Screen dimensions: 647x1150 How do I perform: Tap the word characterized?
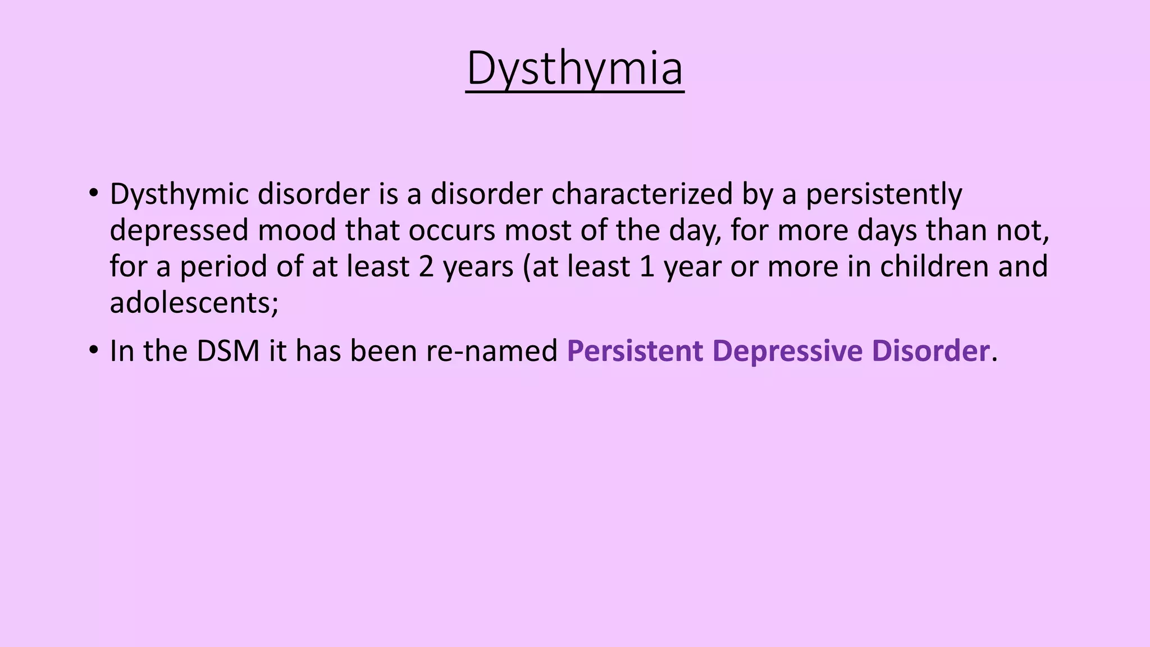click(x=642, y=194)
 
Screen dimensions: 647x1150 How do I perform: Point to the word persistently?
click(x=884, y=194)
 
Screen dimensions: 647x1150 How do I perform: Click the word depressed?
click(x=179, y=230)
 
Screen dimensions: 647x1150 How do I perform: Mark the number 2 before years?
click(x=426, y=267)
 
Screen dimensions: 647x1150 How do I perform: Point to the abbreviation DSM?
click(x=228, y=351)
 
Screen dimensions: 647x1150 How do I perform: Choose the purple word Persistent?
click(x=635, y=351)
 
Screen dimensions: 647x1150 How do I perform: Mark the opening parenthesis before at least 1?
click(x=527, y=267)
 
